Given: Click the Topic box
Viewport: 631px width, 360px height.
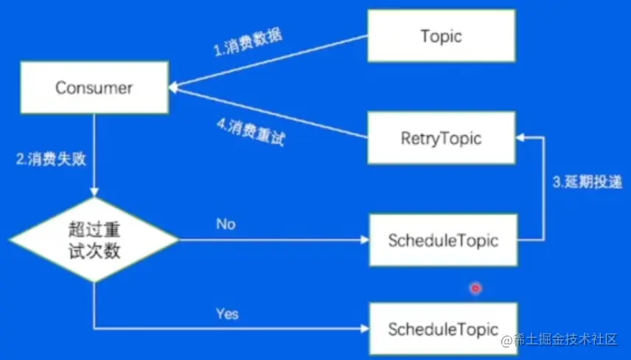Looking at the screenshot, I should coord(441,36).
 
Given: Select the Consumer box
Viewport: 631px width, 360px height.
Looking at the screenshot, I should coord(94,88).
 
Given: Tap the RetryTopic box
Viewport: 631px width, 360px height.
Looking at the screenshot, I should coord(441,137).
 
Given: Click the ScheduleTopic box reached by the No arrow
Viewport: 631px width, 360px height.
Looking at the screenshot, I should coord(443,240).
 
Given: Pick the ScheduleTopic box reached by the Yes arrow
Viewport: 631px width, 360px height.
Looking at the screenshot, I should coord(443,329).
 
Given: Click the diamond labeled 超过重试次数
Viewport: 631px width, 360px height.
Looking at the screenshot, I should coord(94,240).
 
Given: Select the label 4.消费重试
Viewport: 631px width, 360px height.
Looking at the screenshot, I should coord(251,132).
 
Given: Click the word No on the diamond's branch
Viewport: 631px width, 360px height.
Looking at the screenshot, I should coord(226,224).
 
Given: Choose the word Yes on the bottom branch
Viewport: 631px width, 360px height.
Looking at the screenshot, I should coord(227,314).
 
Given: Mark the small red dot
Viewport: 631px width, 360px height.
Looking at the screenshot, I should coord(475,288).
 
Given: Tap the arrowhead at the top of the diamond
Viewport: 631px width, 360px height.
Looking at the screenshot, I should coord(94,193).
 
